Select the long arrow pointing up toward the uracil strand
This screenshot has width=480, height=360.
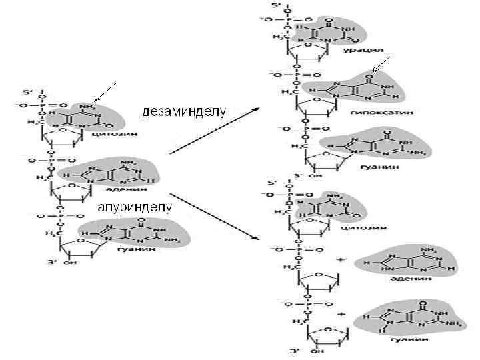(x=213, y=131)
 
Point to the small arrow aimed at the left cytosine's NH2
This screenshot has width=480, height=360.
(x=105, y=92)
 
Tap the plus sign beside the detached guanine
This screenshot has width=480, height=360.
(x=341, y=312)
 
